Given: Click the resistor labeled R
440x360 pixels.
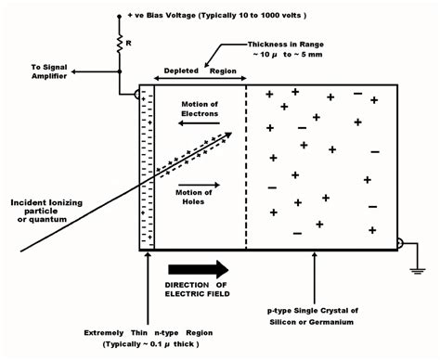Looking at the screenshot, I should [x=120, y=41].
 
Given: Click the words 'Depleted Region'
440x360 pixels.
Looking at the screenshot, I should [x=198, y=71].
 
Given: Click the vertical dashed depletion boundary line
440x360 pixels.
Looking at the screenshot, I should [x=246, y=167].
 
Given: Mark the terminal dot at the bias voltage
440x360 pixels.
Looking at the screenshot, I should [x=120, y=17].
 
